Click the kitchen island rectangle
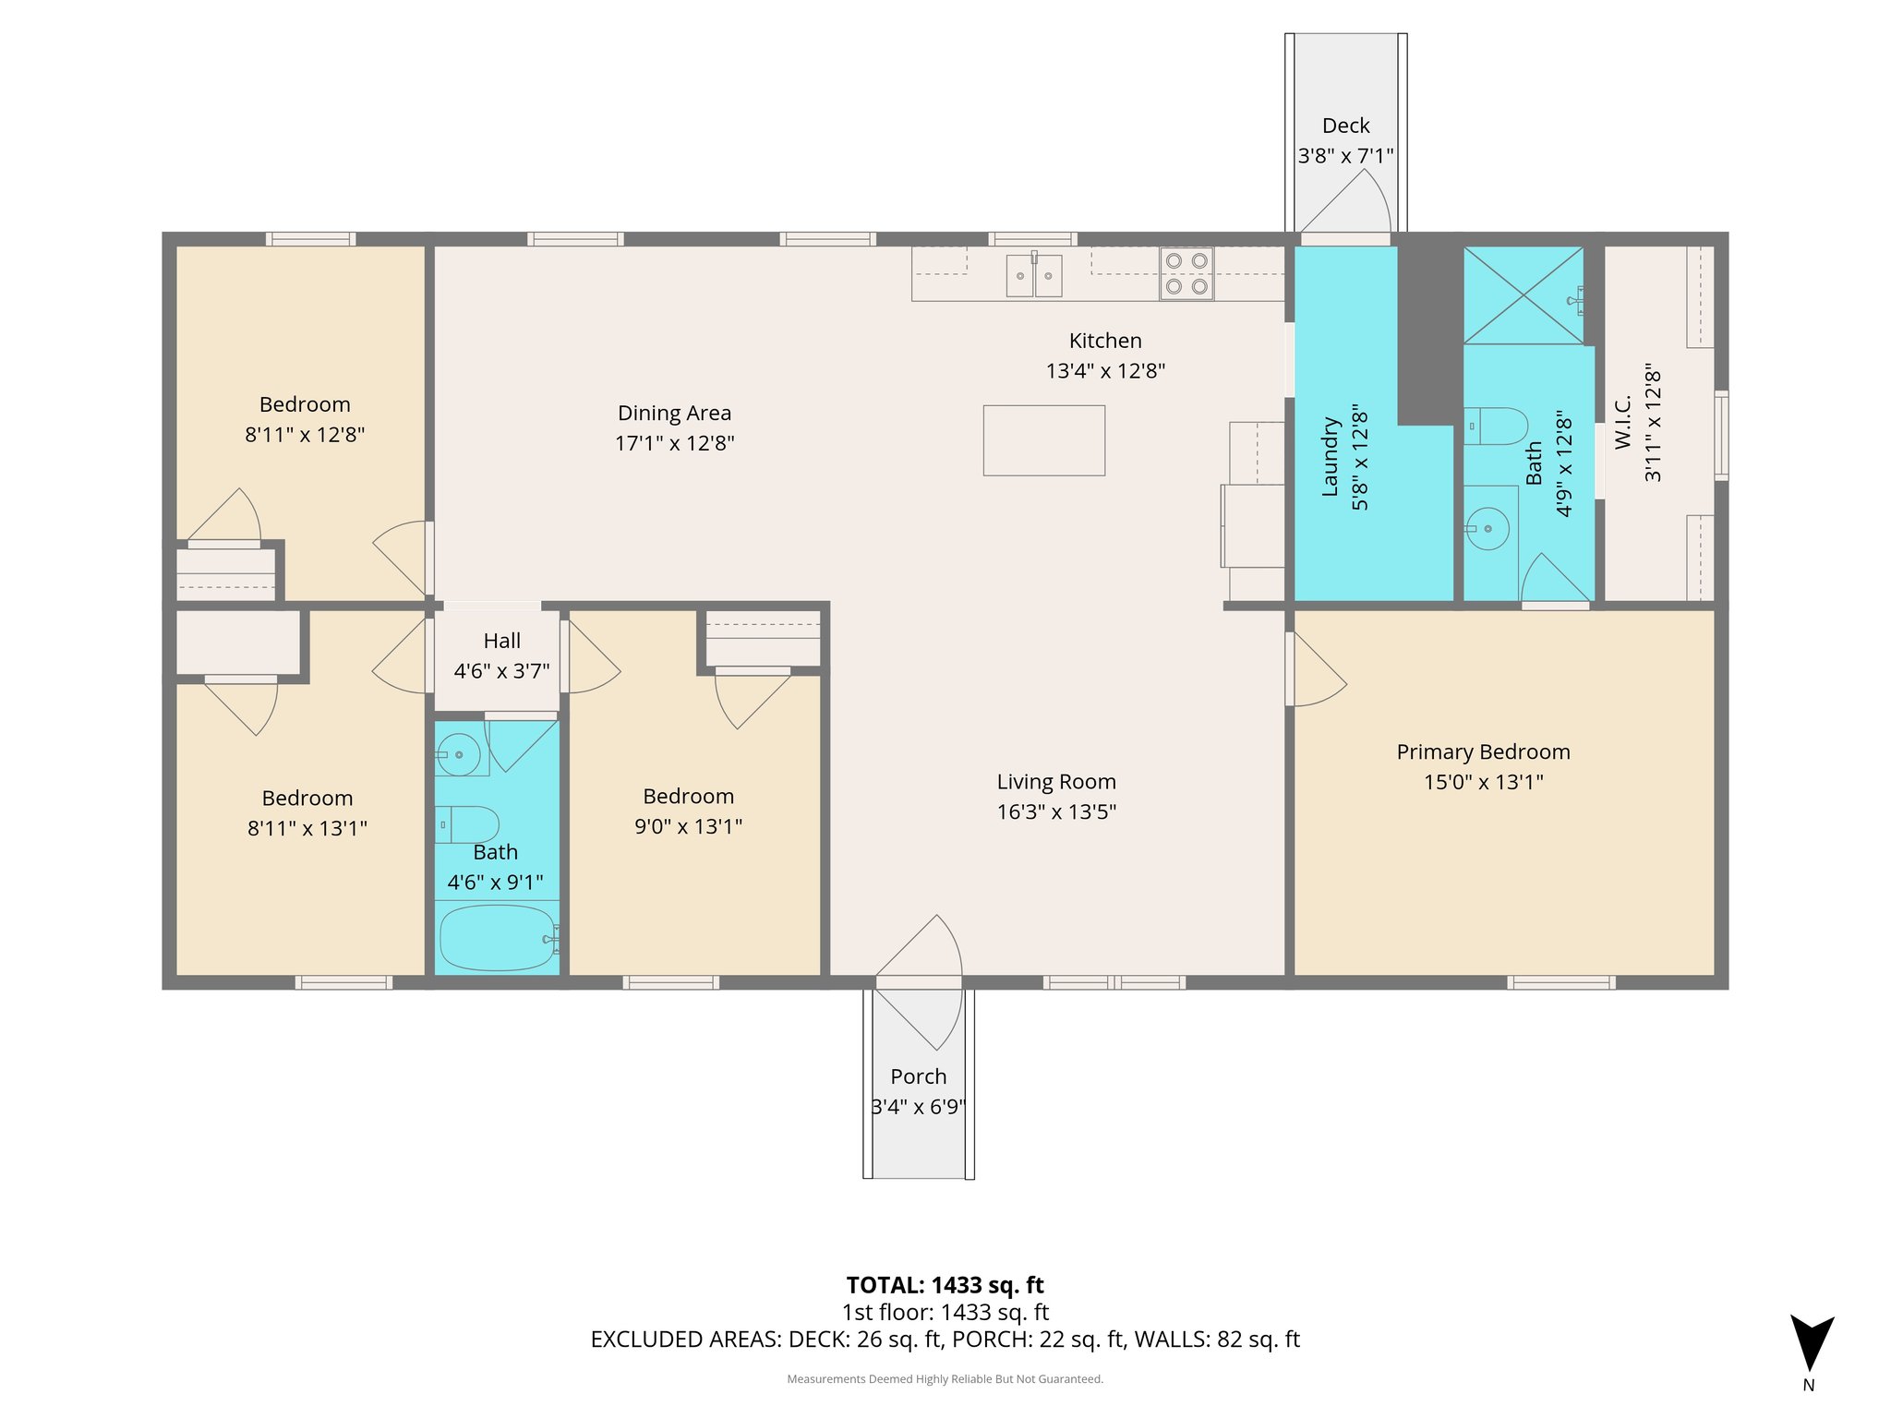point(1043,440)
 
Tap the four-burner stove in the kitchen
point(1186,273)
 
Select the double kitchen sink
point(1033,275)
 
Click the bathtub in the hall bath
point(497,937)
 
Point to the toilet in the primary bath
point(1497,426)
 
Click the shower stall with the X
point(1524,295)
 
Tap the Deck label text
point(1345,126)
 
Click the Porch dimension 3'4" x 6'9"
point(918,1106)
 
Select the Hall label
point(501,641)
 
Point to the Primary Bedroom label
point(1483,751)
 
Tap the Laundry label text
point(1331,457)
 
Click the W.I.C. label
point(1623,422)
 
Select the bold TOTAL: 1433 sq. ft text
point(945,1285)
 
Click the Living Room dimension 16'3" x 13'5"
point(1056,811)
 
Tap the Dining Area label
point(674,413)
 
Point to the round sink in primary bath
point(1488,529)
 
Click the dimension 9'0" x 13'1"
point(688,826)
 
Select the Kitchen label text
point(1105,341)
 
